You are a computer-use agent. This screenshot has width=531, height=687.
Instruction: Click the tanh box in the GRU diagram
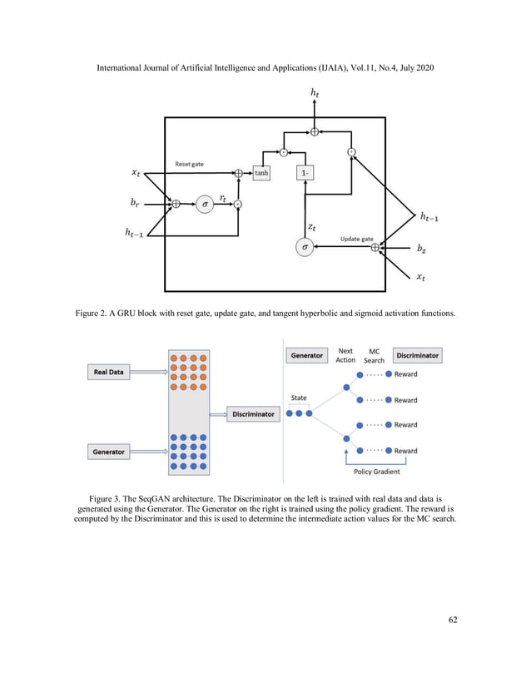coord(261,173)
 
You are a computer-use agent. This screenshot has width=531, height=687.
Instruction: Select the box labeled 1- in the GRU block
coord(307,173)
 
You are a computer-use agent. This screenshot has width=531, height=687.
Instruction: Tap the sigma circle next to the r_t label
coord(203,203)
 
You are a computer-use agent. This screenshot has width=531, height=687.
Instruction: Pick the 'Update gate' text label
coord(357,239)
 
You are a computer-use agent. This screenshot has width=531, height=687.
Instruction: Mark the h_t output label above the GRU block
coord(314,99)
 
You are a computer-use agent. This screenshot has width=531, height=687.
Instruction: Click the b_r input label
coord(135,202)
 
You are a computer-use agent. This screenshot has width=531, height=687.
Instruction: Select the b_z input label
coord(424,247)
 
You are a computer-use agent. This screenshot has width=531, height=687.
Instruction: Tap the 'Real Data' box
coord(109,372)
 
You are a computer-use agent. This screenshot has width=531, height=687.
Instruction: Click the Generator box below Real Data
coord(109,452)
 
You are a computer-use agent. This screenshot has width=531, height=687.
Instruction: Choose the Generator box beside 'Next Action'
coord(306,355)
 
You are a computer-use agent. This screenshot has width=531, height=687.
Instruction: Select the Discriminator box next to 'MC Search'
coord(417,355)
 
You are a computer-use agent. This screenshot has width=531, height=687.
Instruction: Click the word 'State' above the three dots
coord(300,398)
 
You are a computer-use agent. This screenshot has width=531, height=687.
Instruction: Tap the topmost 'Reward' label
coord(405,374)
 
